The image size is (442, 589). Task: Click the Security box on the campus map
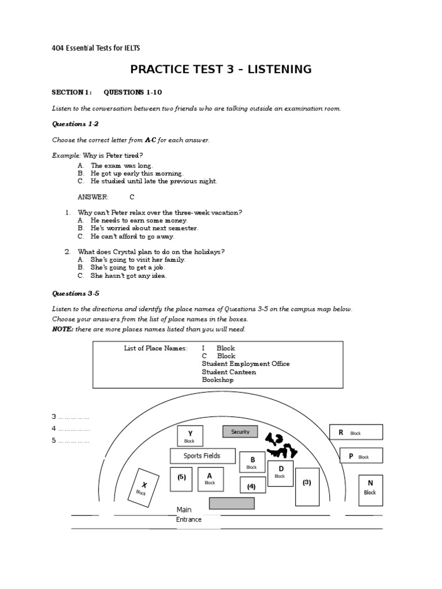241,432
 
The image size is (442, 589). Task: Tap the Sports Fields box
201,456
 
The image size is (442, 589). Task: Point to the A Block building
210,479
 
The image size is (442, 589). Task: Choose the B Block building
252,463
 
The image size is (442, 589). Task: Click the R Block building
355,433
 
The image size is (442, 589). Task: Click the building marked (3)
307,486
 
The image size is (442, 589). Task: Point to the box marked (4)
252,487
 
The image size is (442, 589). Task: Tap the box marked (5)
181,479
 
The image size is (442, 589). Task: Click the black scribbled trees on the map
280,445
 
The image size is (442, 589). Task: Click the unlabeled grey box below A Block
231,503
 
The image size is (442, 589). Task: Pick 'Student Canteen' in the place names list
229,372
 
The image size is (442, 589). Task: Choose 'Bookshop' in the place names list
218,380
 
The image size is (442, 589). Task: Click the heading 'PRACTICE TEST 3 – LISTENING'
221,70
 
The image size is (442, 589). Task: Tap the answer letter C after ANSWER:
132,197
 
